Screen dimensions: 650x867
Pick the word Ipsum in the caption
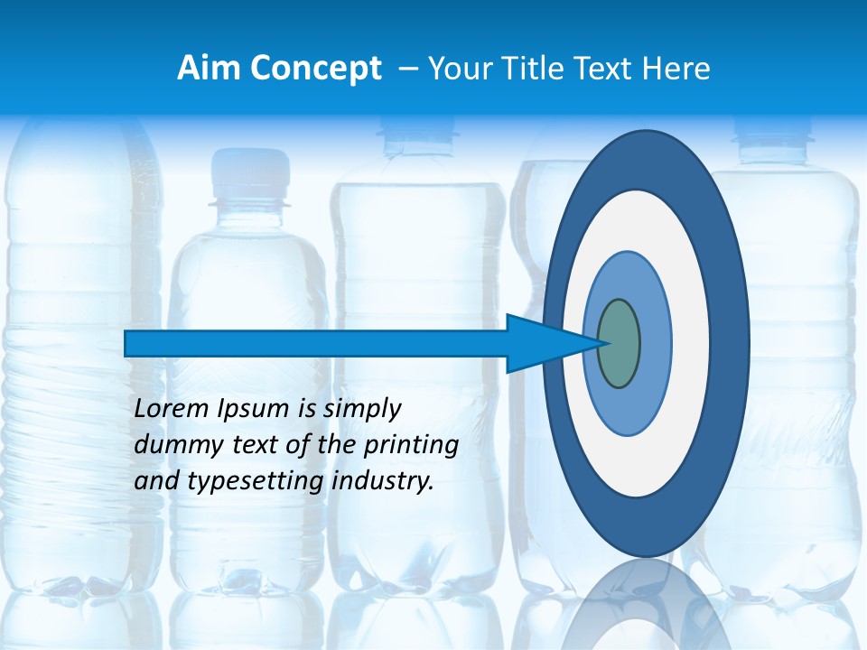click(x=254, y=409)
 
